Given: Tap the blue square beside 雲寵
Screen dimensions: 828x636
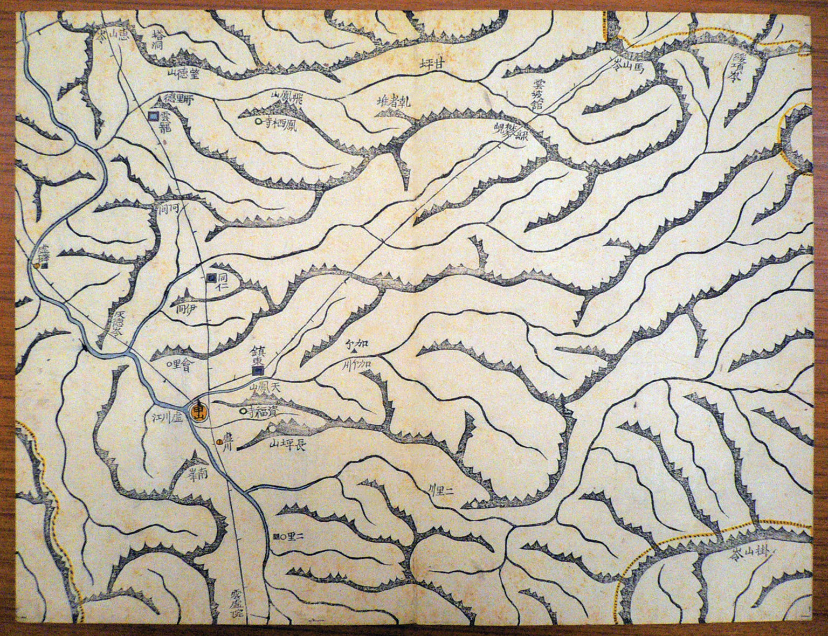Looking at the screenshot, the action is pos(153,116).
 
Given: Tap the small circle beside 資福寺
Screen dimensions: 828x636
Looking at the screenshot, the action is pos(243,412).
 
